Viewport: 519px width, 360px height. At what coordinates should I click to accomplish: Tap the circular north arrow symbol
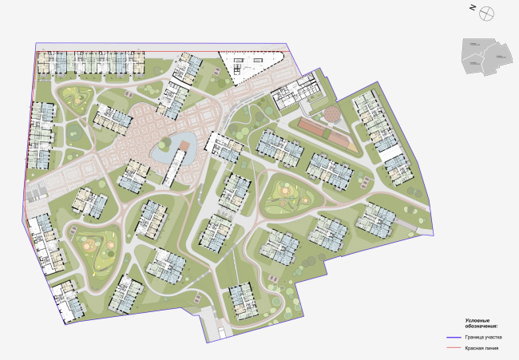pyautogui.click(x=488, y=10)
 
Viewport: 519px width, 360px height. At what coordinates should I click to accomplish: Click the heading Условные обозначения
pyautogui.click(x=482, y=323)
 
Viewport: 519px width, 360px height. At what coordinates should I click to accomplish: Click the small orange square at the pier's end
pyautogui.click(x=184, y=144)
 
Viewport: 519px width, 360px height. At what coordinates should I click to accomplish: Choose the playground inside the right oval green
pyautogui.click(x=286, y=194)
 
